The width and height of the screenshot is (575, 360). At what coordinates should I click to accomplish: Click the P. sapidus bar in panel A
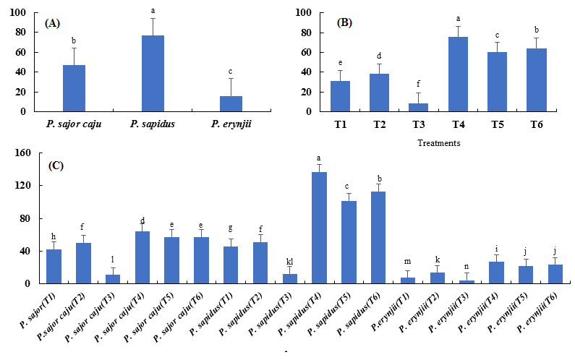[x=153, y=73]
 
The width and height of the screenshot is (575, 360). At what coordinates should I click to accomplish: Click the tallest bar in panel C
[x=319, y=228]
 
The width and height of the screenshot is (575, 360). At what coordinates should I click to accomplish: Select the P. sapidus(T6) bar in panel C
[x=378, y=237]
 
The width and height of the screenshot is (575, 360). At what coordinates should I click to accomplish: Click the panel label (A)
[x=52, y=23]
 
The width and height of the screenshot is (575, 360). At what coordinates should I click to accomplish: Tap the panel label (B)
[x=345, y=23]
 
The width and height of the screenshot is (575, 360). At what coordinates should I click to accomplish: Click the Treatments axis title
[x=440, y=142]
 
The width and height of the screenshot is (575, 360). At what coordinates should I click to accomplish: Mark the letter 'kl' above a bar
[x=289, y=261]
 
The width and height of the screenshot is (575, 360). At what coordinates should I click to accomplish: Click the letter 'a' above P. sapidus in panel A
[x=153, y=11]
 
